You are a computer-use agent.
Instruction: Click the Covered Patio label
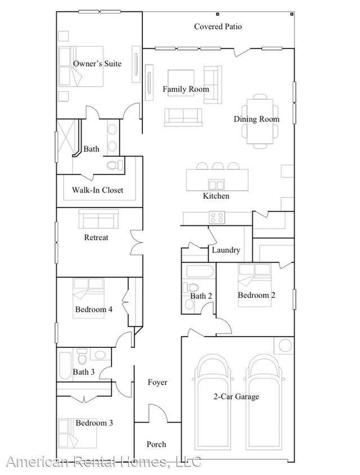point(218,26)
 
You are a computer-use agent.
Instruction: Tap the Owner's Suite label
point(97,64)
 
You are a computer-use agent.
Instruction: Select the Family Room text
point(186,89)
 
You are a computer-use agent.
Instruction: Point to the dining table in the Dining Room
point(259,119)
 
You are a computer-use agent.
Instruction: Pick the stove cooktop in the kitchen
point(217,217)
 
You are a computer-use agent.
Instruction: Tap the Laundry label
point(226,250)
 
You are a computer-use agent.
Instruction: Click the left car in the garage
point(213,397)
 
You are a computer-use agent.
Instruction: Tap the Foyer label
point(157,383)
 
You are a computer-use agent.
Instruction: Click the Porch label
point(156,444)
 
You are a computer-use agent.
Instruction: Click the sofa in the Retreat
point(99,218)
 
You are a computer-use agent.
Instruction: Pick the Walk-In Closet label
point(97,190)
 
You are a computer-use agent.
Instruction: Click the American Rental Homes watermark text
point(104,462)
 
